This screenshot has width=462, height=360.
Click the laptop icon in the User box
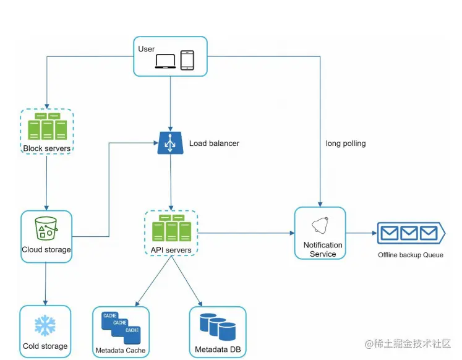[165, 61]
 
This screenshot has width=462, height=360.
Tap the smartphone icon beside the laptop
[187, 60]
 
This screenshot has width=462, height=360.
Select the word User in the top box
[147, 49]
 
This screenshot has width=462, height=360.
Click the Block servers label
[47, 148]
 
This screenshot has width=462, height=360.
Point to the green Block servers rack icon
[47, 127]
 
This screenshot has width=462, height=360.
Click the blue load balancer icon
[170, 144]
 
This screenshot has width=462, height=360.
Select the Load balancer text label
[214, 144]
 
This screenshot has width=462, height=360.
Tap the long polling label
[346, 144]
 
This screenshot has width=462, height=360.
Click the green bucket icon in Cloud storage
[46, 229]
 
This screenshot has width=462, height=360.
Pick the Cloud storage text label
[46, 250]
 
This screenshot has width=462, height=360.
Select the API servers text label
[171, 250]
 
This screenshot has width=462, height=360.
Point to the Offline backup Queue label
[411, 255]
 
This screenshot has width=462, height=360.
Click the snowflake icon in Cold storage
[45, 325]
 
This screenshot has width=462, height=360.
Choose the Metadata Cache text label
[121, 351]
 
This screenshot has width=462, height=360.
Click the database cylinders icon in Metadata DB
[218, 327]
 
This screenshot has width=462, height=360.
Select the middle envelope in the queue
[409, 233]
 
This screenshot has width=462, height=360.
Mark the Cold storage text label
[45, 346]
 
